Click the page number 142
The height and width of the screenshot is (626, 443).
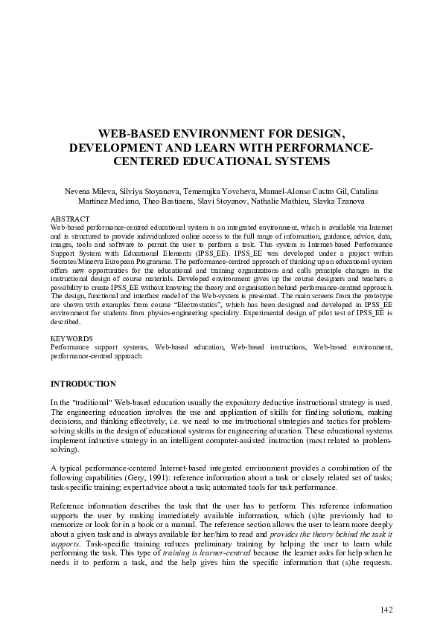click(386, 610)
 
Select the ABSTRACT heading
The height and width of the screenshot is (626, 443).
click(69, 219)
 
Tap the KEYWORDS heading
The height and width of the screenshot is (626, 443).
click(71, 338)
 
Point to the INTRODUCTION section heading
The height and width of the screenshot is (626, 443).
click(83, 384)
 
